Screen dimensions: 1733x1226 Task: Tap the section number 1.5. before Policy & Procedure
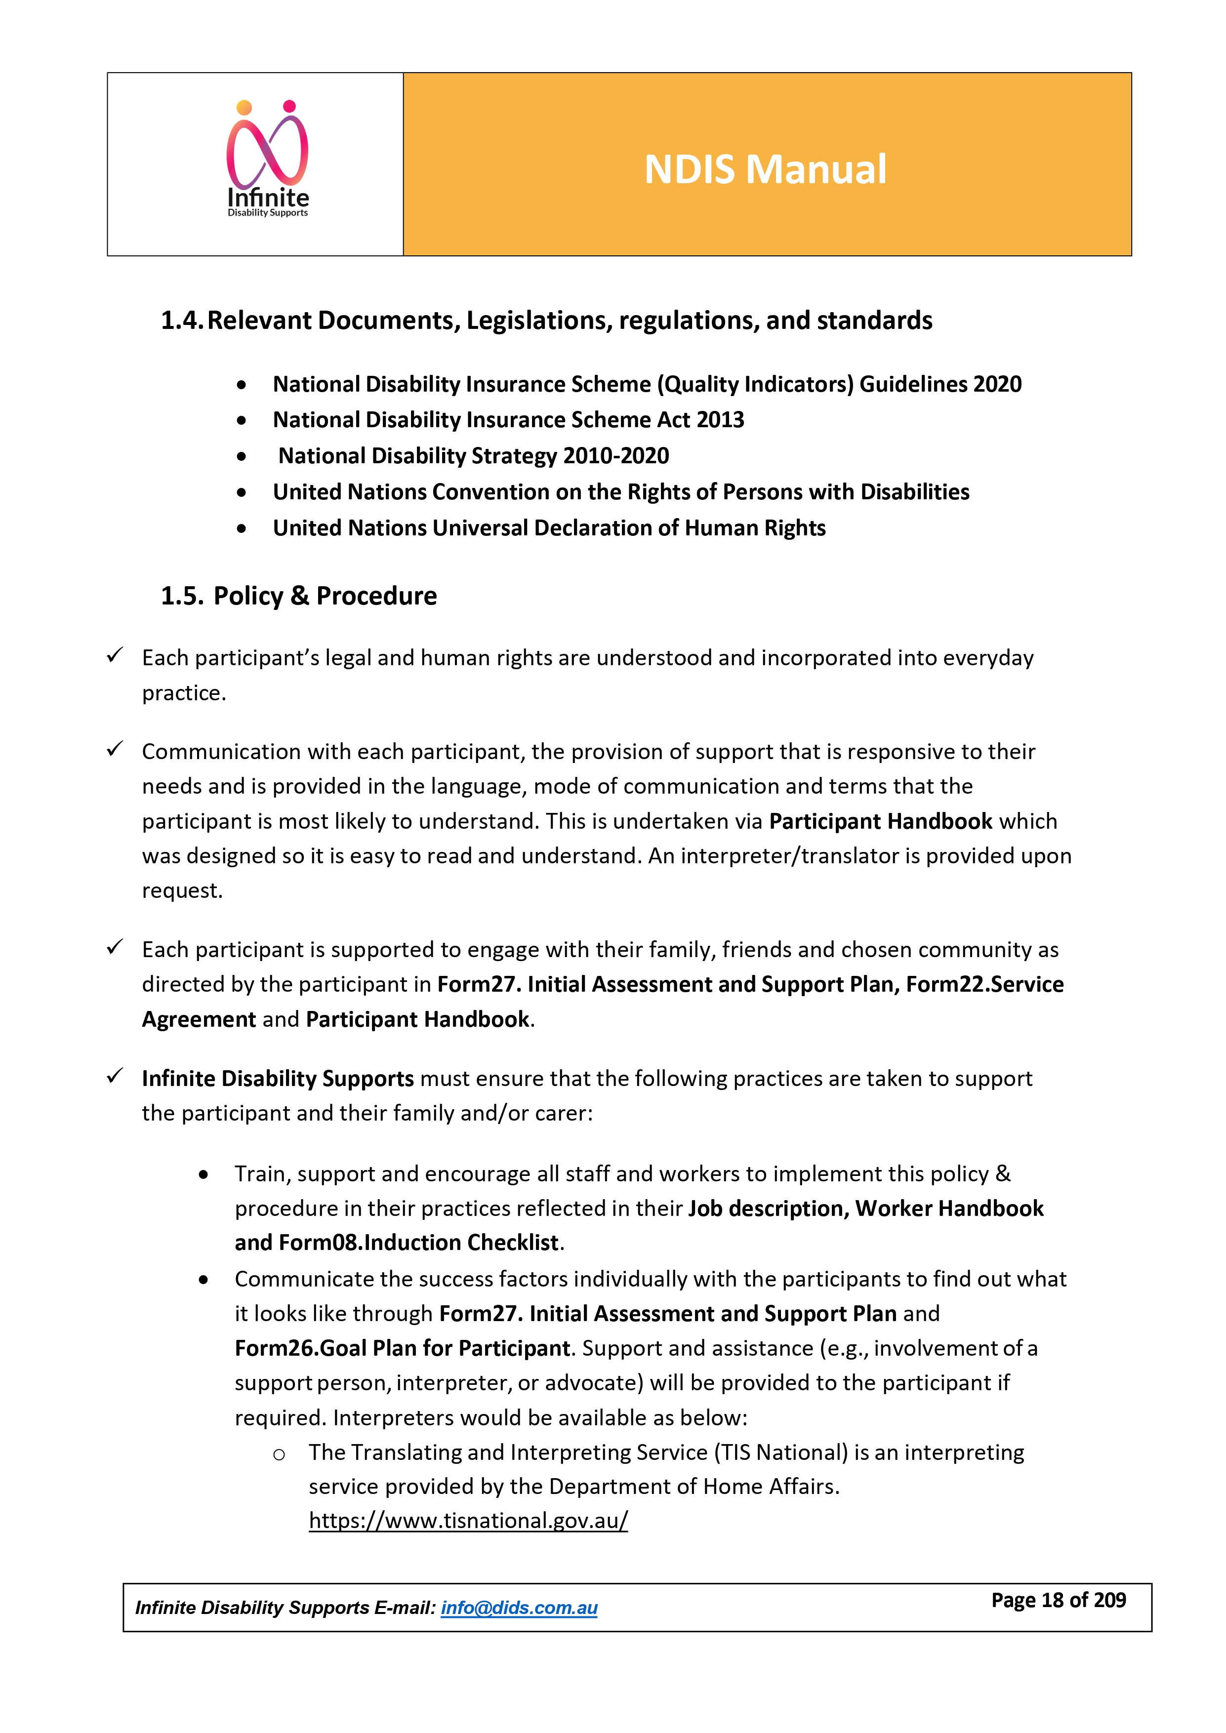coord(182,596)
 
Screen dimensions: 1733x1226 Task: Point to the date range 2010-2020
coord(615,456)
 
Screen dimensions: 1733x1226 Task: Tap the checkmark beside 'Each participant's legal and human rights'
coord(115,655)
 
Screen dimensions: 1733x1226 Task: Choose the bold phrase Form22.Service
coord(984,984)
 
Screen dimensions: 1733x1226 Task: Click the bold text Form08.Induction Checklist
coord(419,1243)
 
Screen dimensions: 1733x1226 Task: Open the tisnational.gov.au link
coord(468,1520)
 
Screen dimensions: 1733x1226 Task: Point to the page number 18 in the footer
coord(1052,1600)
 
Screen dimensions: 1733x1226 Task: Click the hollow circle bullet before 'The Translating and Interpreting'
coord(279,1454)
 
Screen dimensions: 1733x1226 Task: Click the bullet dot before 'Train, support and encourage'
coord(204,1174)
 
